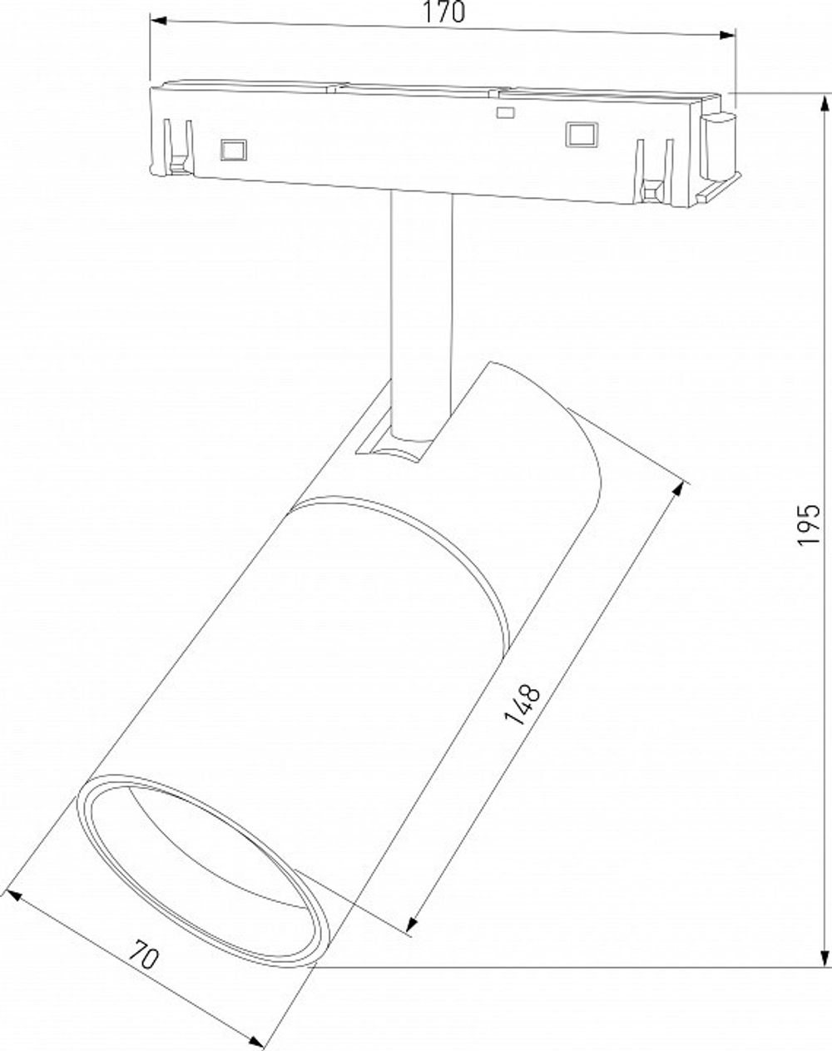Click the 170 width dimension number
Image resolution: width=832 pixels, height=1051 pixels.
point(443,13)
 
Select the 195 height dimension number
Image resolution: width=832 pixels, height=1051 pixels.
point(810,523)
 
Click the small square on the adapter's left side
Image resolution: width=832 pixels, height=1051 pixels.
point(232,149)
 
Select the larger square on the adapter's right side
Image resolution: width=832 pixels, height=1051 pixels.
point(581,133)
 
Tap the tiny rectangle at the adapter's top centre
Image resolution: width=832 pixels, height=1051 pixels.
point(504,112)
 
